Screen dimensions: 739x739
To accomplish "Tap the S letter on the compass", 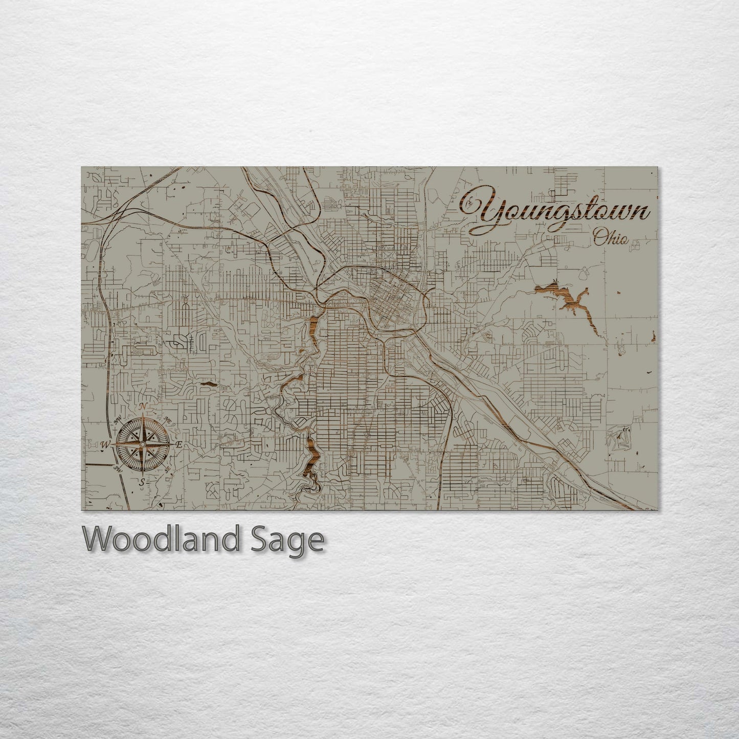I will point(142,482).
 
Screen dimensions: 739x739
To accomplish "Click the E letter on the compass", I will point(179,444).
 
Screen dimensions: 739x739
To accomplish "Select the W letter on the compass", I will point(105,444).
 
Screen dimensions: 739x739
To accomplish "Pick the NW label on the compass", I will point(117,420).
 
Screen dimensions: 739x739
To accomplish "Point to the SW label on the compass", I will point(117,469).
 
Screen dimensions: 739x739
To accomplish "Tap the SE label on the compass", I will point(167,469).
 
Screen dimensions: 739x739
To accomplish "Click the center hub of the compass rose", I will point(142,444).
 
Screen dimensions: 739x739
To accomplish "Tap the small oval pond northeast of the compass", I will point(208,383).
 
